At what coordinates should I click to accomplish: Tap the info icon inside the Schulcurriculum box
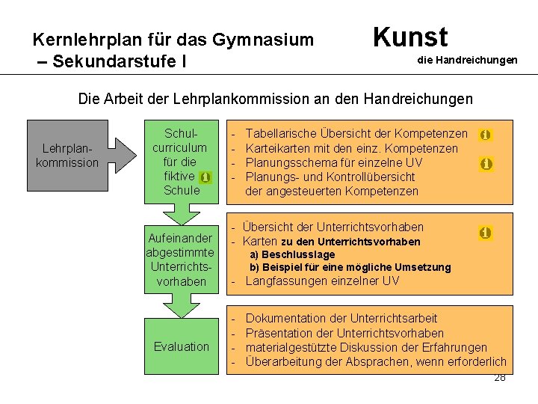click(x=205, y=177)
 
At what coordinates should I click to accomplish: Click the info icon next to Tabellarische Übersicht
click(x=486, y=135)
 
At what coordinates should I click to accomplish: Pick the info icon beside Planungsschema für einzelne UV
click(x=486, y=163)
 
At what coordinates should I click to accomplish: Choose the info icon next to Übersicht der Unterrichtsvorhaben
click(x=486, y=233)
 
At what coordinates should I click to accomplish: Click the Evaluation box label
click(x=182, y=346)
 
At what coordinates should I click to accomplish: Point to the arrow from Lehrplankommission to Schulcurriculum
click(x=126, y=153)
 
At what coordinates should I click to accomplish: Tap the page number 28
click(x=500, y=377)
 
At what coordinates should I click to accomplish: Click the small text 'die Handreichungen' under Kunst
click(x=467, y=60)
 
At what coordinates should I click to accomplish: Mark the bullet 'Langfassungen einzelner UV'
click(x=322, y=281)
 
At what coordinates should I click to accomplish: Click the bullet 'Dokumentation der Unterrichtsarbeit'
click(x=341, y=319)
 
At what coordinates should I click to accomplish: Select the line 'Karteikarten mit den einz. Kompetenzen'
click(x=351, y=149)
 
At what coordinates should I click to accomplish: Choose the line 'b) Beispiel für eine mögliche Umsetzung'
click(x=350, y=267)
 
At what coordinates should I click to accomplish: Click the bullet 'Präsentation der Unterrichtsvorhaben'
click(x=344, y=333)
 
